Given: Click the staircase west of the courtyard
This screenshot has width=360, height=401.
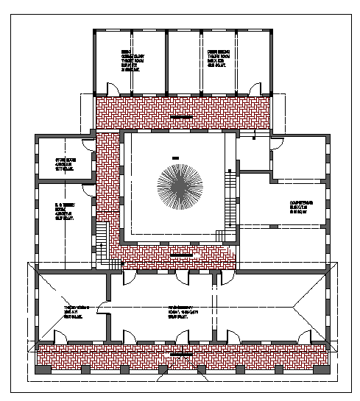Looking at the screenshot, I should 102,235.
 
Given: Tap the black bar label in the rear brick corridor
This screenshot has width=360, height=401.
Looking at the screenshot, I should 181,116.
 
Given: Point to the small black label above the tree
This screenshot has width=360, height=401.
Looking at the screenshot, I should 175,158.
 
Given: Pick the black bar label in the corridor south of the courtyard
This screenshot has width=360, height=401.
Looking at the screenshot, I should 180,255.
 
